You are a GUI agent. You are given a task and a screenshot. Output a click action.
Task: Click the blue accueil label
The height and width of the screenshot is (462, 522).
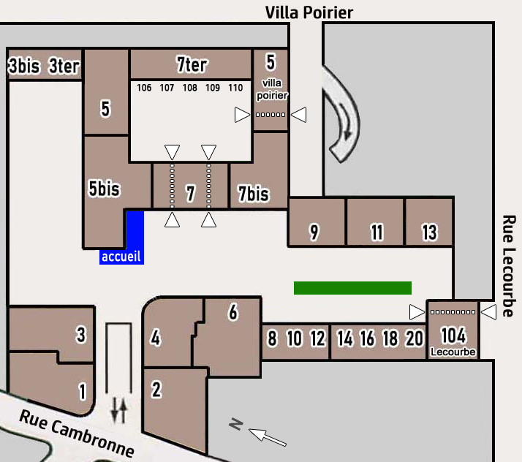121,257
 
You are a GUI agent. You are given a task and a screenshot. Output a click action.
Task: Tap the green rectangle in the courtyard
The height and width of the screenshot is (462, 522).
352,288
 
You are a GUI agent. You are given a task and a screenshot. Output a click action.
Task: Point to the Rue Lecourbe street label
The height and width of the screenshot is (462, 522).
510,266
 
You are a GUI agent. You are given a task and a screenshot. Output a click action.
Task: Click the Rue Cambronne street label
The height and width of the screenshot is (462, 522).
77,433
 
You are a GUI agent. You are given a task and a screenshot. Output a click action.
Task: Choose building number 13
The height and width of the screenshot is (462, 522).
429,232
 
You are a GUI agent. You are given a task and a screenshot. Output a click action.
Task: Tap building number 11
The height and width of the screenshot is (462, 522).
377,232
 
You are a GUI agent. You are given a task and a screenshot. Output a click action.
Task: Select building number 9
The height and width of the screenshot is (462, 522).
314,232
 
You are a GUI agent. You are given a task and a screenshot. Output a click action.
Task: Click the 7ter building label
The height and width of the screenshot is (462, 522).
192,64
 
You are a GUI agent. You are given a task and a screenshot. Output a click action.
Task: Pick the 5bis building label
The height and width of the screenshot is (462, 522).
104,189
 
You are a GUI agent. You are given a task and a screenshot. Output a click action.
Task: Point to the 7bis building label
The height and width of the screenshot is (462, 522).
254,194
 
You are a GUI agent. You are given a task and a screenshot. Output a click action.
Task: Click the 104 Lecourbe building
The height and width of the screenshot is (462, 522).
453,338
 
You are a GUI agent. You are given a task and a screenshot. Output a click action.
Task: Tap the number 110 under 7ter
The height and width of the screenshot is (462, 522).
235,88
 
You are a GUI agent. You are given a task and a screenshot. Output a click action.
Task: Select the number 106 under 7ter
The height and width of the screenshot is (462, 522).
144,88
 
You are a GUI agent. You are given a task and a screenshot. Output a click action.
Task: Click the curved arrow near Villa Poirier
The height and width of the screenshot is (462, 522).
344,113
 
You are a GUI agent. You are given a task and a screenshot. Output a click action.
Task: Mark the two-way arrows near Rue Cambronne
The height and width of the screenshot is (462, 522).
118,411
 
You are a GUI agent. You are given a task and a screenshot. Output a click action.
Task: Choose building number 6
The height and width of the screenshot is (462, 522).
233,313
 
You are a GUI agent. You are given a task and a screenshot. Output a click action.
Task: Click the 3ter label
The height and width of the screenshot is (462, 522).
64,66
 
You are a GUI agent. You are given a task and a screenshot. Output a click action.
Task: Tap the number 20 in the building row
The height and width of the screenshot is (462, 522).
414,338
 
